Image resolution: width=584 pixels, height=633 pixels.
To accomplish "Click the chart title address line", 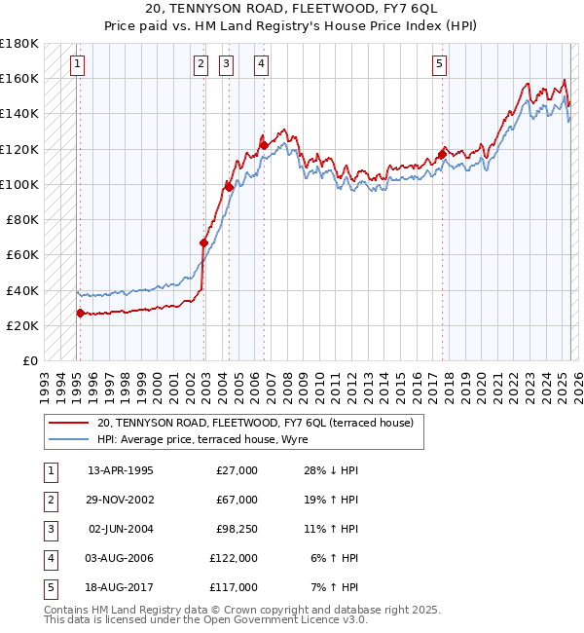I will click(292, 10).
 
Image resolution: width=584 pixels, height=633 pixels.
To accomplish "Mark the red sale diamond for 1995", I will click(80, 313).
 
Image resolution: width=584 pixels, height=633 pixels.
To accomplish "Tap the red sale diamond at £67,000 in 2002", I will click(203, 242).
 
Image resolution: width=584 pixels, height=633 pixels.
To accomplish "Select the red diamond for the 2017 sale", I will click(442, 154).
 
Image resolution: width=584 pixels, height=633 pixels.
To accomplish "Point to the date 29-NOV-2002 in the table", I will click(121, 500).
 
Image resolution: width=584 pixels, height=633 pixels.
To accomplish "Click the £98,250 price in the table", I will click(234, 529).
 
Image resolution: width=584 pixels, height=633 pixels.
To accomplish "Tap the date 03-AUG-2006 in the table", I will click(121, 558).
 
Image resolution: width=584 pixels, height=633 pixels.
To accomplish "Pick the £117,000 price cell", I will click(234, 587).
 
